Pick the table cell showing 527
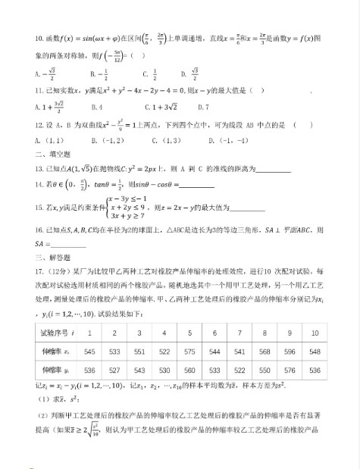pos(115,371)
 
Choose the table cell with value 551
pos(139,352)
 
